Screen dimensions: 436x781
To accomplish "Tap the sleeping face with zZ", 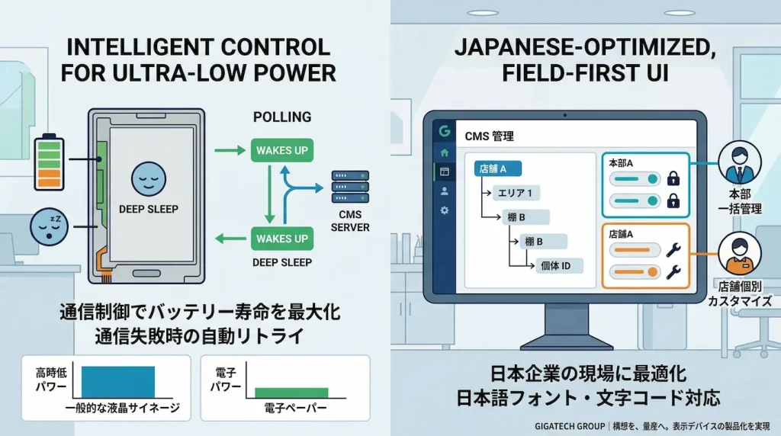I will click(45, 226).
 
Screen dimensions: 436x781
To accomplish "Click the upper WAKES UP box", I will click(282, 150).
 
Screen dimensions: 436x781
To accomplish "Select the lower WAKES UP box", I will click(282, 239).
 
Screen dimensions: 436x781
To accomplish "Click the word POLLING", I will click(281, 117).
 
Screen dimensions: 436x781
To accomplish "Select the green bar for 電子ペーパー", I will click(291, 392).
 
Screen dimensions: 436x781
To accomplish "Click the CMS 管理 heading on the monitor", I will click(489, 136).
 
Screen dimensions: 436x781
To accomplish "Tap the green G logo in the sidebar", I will click(444, 131).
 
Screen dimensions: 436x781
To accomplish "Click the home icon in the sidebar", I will click(444, 152).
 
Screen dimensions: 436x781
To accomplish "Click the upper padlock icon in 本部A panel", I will click(673, 179).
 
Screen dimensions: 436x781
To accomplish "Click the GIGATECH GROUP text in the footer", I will click(563, 425).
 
